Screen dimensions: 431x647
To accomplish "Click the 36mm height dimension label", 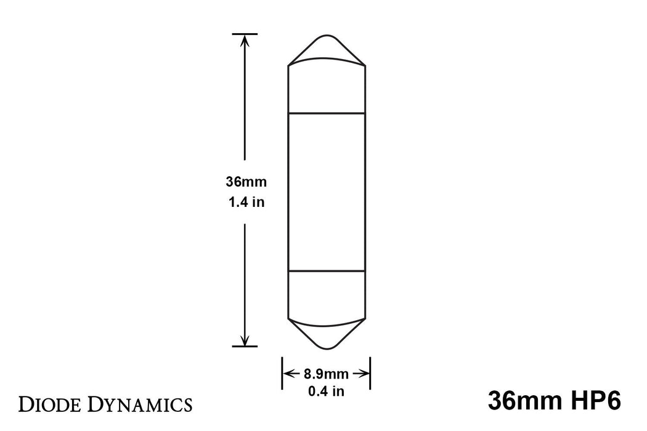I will pyautogui.click(x=245, y=182).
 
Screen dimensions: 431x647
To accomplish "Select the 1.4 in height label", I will pyautogui.click(x=245, y=202).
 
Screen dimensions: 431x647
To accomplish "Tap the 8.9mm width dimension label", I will pyautogui.click(x=327, y=373).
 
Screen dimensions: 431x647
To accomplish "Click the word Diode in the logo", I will pyautogui.click(x=52, y=405).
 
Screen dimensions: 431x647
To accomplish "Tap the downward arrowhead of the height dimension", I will pyautogui.click(x=245, y=340).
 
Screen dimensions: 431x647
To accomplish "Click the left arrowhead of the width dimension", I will pyautogui.click(x=287, y=373).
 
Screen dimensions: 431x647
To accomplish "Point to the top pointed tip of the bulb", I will pyautogui.click(x=327, y=38).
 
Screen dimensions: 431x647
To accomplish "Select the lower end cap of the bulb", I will pyautogui.click(x=327, y=296).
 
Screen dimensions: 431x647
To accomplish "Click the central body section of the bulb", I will pyautogui.click(x=327, y=191).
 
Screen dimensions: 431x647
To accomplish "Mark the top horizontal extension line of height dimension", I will pyautogui.click(x=245, y=33).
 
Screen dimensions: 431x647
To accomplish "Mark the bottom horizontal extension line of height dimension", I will pyautogui.click(x=245, y=347).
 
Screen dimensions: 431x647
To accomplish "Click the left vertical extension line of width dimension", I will pyautogui.click(x=282, y=373).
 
